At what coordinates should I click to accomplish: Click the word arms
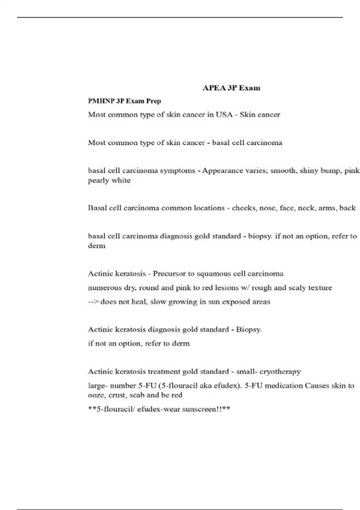[327, 208]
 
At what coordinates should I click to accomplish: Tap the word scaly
[297, 288]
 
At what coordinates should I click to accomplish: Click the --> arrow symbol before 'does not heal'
[93, 302]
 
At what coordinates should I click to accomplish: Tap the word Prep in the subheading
[154, 101]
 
